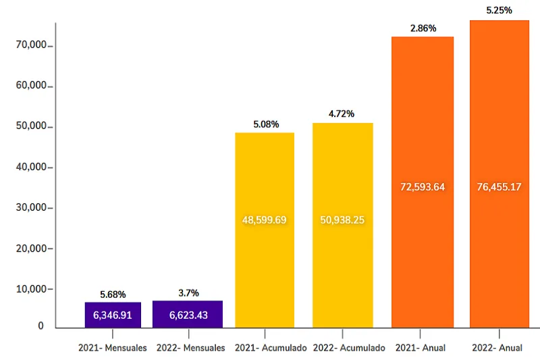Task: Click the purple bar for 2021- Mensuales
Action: (113, 315)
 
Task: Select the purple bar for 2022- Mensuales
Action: (188, 315)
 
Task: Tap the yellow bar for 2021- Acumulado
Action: (265, 270)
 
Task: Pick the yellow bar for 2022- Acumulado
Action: (342, 270)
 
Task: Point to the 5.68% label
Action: (113, 294)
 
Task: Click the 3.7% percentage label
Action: (188, 293)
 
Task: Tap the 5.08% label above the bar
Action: (265, 124)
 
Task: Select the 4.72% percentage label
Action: (342, 114)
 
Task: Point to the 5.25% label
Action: (499, 10)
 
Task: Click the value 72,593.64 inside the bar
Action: (423, 187)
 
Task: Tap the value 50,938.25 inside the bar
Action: (342, 220)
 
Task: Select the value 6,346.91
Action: (113, 315)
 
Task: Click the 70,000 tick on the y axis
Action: (30, 45)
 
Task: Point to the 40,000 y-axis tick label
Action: (30, 167)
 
